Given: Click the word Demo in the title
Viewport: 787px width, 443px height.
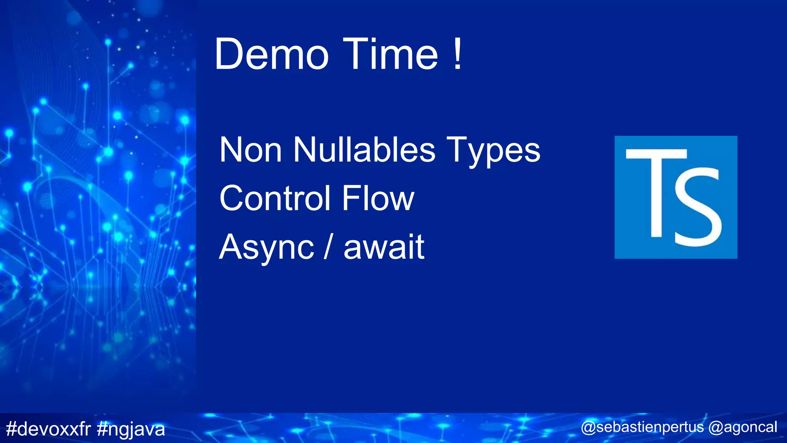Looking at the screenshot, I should tap(271, 54).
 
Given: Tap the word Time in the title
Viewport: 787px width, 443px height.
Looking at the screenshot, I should tap(390, 54).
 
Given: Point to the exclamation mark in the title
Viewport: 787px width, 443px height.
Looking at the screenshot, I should tap(457, 54).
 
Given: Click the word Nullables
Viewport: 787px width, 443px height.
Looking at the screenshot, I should tap(364, 150).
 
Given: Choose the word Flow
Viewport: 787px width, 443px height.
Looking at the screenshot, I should tap(378, 198).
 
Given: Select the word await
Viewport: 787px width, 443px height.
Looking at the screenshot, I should tap(384, 247).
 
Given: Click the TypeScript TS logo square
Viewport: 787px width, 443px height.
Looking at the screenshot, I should tap(676, 197).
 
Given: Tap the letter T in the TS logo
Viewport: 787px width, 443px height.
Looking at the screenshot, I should tap(656, 192).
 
